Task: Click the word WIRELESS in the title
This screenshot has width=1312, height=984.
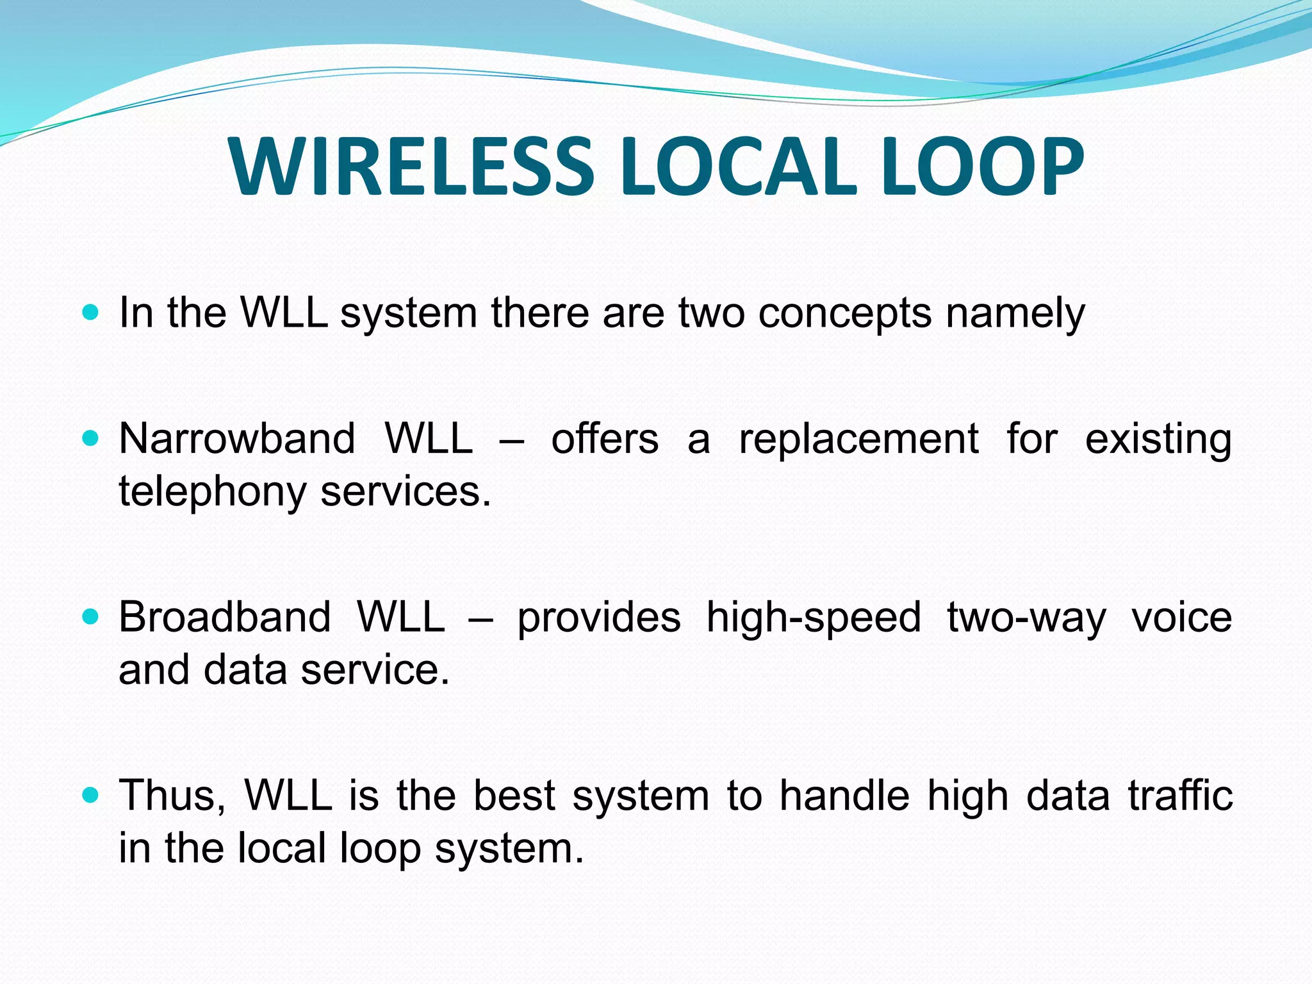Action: tap(410, 168)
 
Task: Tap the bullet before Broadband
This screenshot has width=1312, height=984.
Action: tap(91, 617)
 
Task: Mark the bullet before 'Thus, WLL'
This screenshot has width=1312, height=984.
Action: tap(91, 795)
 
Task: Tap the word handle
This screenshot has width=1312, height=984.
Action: tap(844, 795)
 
